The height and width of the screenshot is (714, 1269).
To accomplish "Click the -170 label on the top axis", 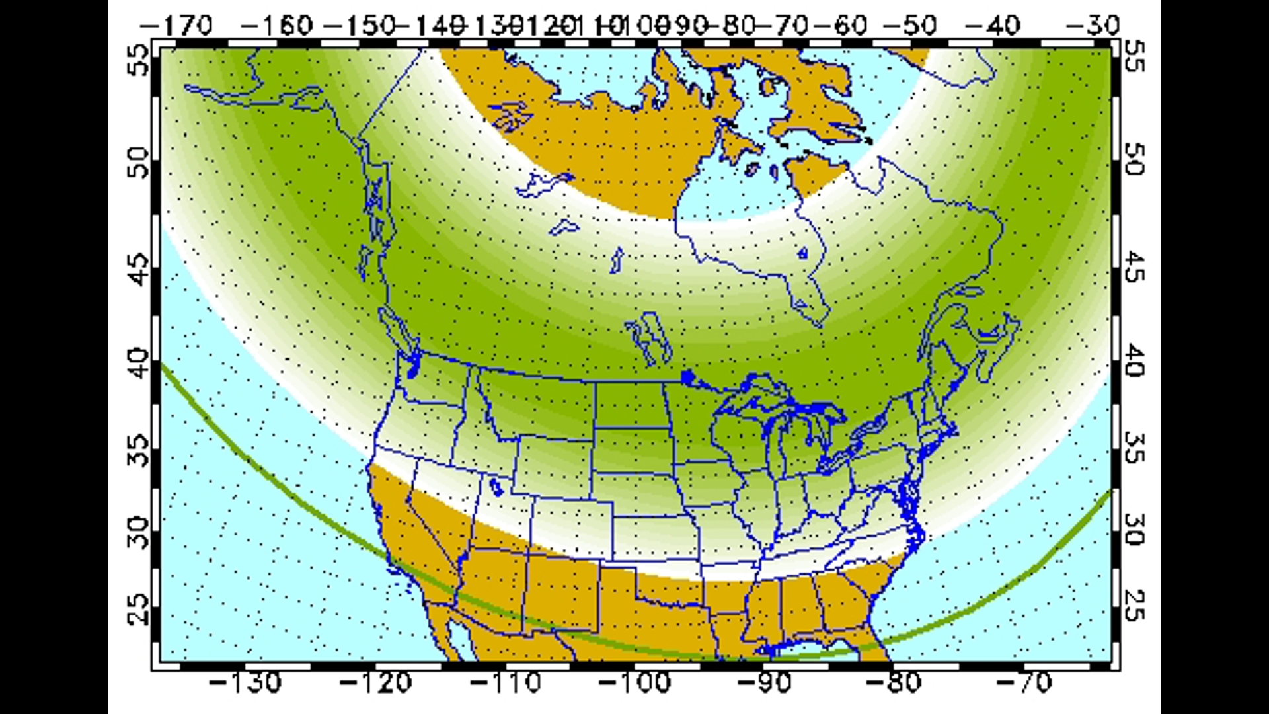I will pyautogui.click(x=176, y=26).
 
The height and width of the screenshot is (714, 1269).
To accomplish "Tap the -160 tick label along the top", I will pyautogui.click(x=276, y=26).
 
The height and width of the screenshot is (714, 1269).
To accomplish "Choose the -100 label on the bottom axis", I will pyautogui.click(x=635, y=682).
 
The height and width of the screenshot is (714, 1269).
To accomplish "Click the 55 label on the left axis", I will pyautogui.click(x=139, y=59).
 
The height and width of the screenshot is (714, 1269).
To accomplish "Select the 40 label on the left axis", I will pyautogui.click(x=139, y=364).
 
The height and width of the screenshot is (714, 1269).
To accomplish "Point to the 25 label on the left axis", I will pyautogui.click(x=139, y=609).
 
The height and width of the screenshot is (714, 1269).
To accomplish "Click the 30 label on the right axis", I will pyautogui.click(x=1134, y=530).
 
